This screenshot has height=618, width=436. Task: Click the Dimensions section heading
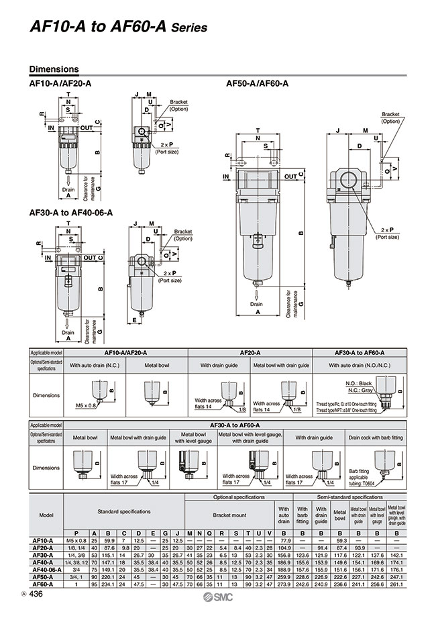54,69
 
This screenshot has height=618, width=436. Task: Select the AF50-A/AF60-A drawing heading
257,84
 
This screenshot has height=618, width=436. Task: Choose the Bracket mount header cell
229,515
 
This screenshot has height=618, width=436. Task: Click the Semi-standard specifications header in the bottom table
353,497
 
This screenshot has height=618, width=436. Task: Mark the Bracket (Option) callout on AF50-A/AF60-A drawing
390,118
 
